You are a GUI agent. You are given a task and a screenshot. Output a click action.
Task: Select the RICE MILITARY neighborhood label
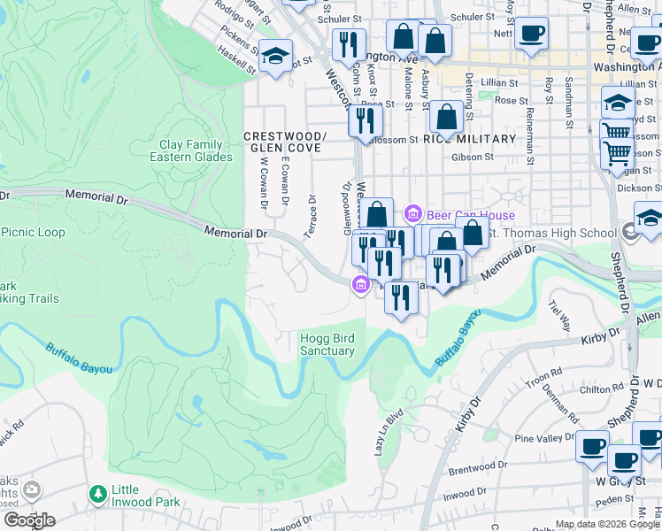[469, 139]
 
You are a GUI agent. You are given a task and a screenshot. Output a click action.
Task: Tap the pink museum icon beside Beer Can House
[412, 213]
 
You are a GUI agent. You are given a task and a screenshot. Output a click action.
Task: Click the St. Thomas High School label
[553, 233]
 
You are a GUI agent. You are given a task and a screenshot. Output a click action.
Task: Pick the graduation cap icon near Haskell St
[276, 55]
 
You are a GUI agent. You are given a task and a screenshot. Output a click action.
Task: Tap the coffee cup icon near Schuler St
[531, 34]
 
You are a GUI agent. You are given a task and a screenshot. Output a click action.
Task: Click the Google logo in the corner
[28, 520]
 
